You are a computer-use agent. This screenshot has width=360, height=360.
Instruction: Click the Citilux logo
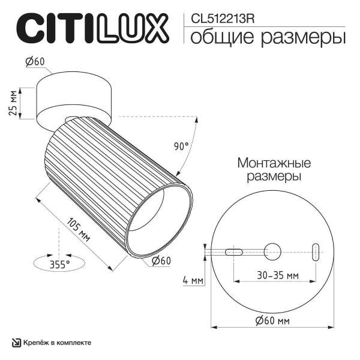pos(91,28)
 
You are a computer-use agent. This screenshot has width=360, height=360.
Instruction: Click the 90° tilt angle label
pos(181,146)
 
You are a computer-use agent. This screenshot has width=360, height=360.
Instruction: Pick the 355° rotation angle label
pos(60,263)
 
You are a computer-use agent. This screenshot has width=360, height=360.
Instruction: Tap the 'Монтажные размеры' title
pos(274,170)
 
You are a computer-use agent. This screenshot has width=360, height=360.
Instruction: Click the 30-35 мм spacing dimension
pos(275,276)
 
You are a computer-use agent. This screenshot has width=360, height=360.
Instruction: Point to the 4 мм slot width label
pos(193,280)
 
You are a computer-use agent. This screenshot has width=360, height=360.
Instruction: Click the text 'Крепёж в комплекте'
pos(58,343)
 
